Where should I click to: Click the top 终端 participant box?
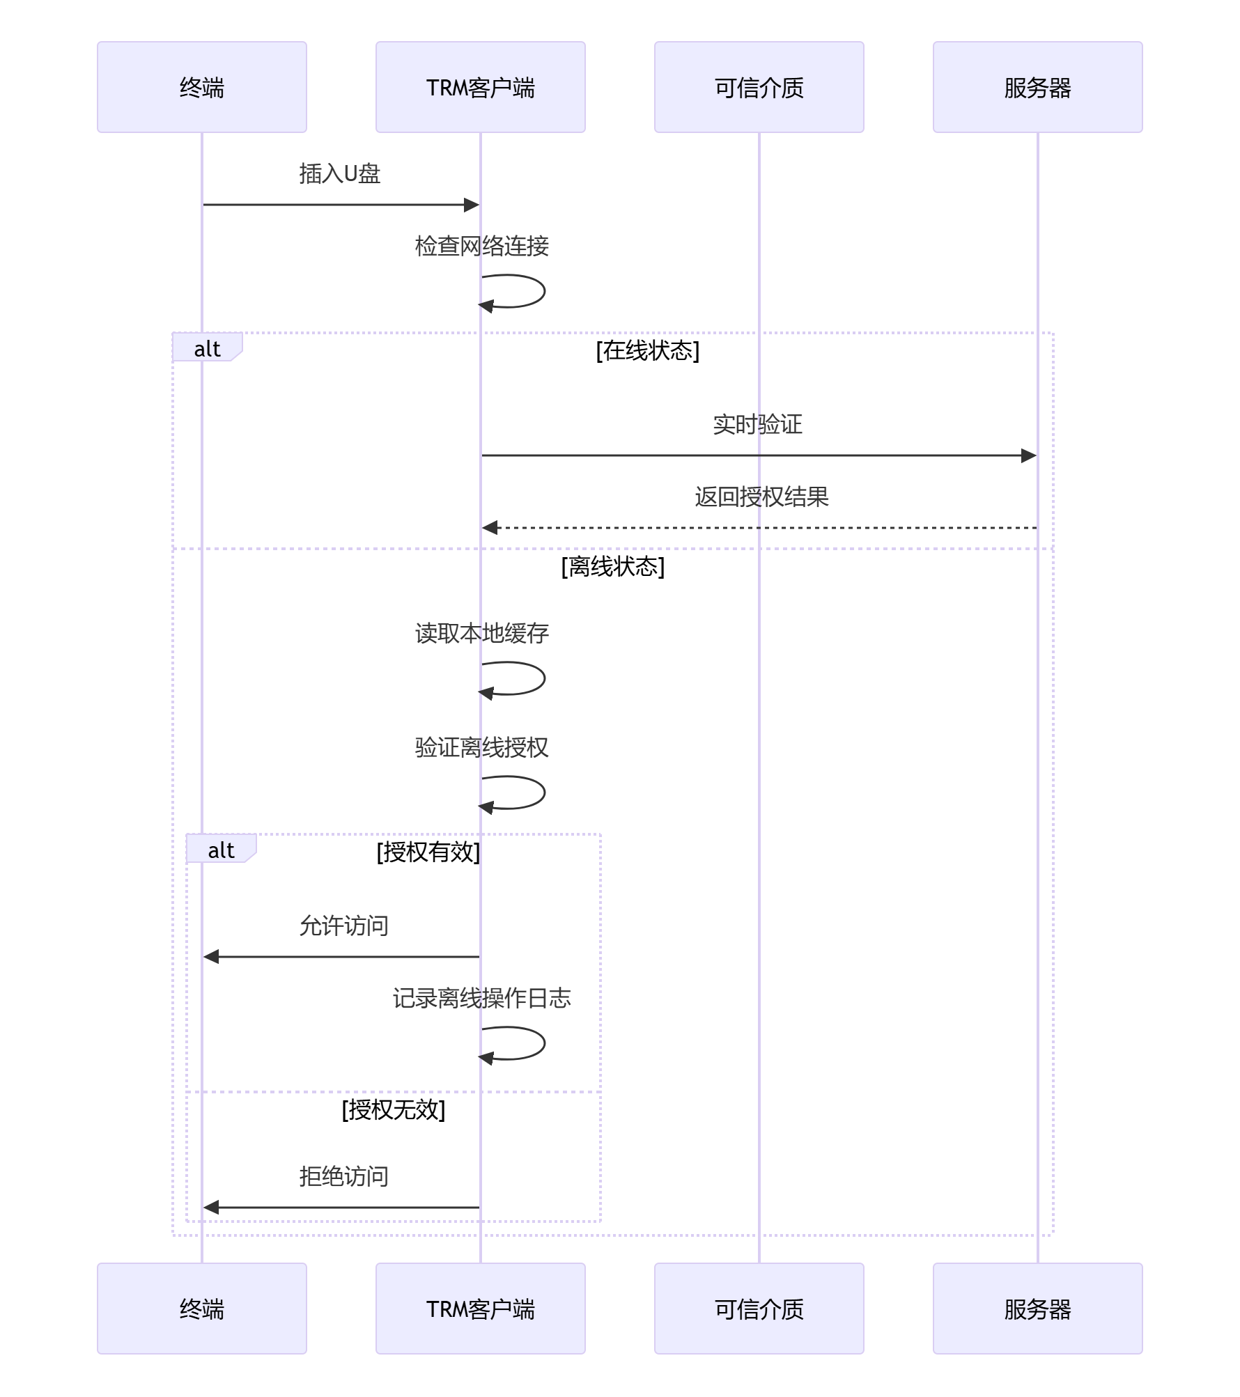[x=202, y=87]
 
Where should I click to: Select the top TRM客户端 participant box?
[x=481, y=87]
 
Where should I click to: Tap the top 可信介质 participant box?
[x=759, y=87]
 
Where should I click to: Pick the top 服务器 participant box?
[x=1038, y=87]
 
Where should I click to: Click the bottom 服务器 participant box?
[x=1038, y=1309]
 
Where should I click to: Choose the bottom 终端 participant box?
[x=202, y=1309]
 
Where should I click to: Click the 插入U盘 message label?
[x=340, y=173]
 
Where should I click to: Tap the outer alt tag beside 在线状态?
[x=207, y=348]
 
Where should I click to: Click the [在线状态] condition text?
[x=648, y=350]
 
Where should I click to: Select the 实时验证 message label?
[x=758, y=424]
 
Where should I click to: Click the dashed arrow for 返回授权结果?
[x=759, y=528]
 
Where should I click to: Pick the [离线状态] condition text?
[x=613, y=566]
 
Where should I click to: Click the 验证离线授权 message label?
[x=482, y=747]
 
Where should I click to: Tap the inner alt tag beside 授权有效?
[x=221, y=850]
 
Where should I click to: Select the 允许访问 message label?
[x=344, y=926]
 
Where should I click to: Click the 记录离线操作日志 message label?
[x=482, y=998]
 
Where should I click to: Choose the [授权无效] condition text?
[x=394, y=1109]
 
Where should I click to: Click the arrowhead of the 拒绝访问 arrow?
[x=211, y=1207]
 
